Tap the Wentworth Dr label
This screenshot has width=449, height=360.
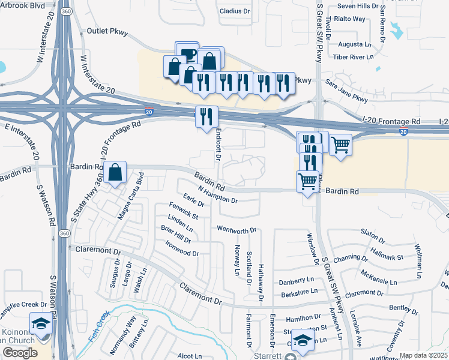tap(237, 229)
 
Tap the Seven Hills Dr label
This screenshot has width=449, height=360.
tap(358, 6)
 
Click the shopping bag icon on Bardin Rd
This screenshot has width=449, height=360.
tap(114, 172)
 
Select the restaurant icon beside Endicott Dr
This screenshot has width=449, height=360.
tap(206, 116)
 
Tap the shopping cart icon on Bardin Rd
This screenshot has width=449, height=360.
tap(307, 180)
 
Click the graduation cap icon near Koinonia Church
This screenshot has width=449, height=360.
tap(41, 323)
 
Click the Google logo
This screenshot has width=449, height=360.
tap(20, 353)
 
